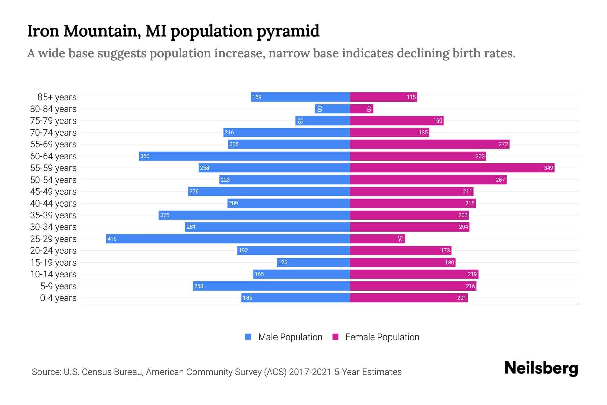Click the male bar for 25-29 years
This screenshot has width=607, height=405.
tap(228, 239)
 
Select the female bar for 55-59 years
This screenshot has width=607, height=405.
tap(452, 168)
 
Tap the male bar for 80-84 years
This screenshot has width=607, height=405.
tap(332, 109)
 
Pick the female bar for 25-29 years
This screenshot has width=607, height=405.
tap(377, 239)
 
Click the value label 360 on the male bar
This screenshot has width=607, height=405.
tap(145, 156)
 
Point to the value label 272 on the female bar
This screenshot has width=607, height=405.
tap(503, 144)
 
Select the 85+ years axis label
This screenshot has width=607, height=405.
tap(57, 97)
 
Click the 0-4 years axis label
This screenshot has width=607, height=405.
tap(58, 298)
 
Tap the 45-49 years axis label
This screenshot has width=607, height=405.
tap(53, 191)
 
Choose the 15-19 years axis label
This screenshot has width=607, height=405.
tap(53, 262)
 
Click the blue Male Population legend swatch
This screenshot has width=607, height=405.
tap(248, 337)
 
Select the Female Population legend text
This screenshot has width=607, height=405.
tap(382, 337)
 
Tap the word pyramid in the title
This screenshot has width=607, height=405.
tap(288, 31)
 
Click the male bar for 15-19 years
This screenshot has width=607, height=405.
tap(313, 262)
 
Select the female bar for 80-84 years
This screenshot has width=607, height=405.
tap(362, 109)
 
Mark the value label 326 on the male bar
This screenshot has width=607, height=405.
tap(165, 215)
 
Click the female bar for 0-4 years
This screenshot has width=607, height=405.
tap(409, 298)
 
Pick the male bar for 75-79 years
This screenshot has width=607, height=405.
tap(322, 120)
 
